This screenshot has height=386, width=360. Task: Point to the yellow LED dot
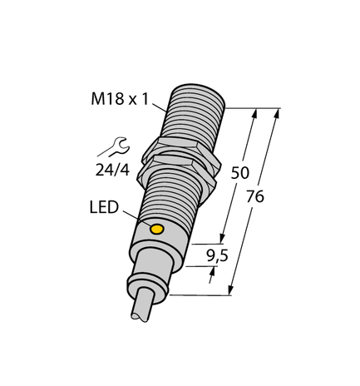point(155,227)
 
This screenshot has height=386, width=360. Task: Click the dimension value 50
point(240,173)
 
